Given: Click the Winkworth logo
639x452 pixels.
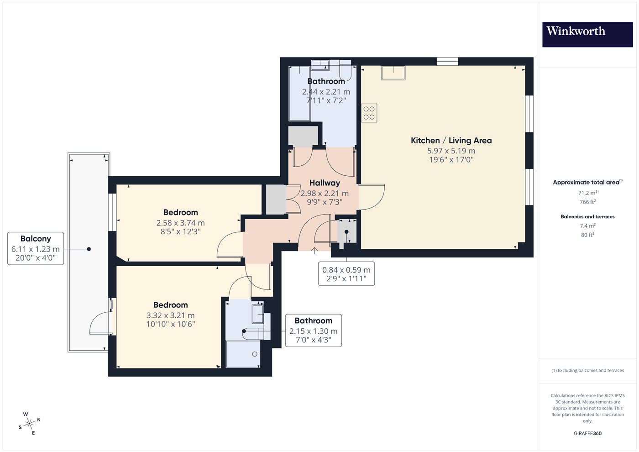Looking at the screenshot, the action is coord(587,35).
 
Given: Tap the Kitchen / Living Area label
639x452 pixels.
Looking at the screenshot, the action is coord(451,141).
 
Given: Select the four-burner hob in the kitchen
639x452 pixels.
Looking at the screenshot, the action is coord(369,113).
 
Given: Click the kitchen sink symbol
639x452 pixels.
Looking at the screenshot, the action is coord(393,73).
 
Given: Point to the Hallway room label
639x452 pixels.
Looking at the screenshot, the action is coord(325,183).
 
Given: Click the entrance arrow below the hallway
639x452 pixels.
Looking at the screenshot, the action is coord(314,251).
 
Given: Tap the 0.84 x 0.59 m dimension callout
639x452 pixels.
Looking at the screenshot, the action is coord(346,274).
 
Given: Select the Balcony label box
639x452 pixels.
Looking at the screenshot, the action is coord(36,248).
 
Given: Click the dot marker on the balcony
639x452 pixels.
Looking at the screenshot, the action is coord(89,249).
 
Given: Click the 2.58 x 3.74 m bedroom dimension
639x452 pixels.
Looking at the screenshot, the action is coord(180,223).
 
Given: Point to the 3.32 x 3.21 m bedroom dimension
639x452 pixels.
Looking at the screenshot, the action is coord(170,315).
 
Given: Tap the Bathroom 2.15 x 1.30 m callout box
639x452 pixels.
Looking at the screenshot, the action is coord(313,331).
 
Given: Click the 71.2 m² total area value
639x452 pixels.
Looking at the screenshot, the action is coord(588,193).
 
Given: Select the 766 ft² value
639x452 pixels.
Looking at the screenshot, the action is coord(588,202).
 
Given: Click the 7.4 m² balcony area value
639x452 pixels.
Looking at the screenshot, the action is coord(588,226).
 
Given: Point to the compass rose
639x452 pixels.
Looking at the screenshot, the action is coord(29,424).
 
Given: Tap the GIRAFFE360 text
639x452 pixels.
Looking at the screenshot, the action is coord(588,433).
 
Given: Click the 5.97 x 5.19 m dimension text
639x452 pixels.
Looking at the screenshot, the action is coord(451,151).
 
